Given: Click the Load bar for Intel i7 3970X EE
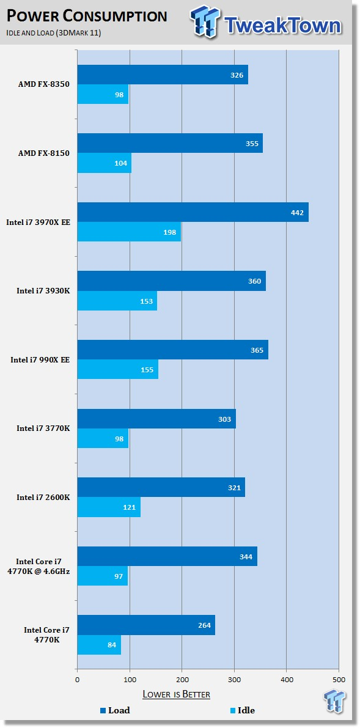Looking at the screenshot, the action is click(193, 213).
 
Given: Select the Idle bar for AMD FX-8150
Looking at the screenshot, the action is click(104, 163).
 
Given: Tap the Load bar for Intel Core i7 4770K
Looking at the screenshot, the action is click(146, 625).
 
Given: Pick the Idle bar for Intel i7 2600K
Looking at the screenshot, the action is click(109, 507).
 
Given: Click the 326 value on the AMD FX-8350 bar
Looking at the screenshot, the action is click(237, 75).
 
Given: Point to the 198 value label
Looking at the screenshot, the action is click(169, 232).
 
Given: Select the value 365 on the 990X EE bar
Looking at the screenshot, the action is click(257, 350).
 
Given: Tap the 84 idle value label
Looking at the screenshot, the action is click(112, 645).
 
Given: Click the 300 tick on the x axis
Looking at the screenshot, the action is click(234, 680).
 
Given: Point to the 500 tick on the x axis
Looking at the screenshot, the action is click(339, 680).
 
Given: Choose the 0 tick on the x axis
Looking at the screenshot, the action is click(77, 680).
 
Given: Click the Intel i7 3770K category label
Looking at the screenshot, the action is click(43, 428).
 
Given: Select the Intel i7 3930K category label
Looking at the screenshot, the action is click(43, 291).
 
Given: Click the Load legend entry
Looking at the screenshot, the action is click(115, 710).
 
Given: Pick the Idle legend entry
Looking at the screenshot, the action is click(243, 710).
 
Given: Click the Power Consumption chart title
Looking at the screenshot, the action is click(87, 17).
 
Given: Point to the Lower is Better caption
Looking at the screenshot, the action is click(176, 694).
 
